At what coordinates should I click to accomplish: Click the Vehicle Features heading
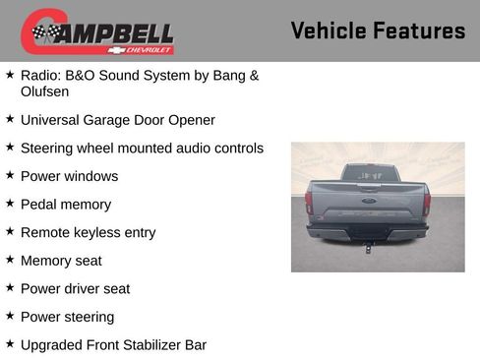pos(378,30)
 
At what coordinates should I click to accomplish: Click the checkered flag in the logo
pos(45,33)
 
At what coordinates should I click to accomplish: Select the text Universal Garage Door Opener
pos(117,120)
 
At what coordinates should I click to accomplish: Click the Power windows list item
pos(69,176)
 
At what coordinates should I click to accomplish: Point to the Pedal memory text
pos(66,205)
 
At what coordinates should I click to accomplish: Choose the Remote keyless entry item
pos(88,233)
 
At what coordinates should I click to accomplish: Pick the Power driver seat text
pos(75,289)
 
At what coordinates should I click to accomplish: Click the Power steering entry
pos(67,317)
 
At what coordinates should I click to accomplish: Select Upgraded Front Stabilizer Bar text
pos(113,345)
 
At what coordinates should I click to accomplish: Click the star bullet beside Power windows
pos(10,175)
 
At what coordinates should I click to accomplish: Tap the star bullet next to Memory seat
pos(10,260)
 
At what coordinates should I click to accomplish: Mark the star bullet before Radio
pos(10,74)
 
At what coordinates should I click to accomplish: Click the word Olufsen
pos(44,91)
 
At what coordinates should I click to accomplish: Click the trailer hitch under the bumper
pos(368,246)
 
